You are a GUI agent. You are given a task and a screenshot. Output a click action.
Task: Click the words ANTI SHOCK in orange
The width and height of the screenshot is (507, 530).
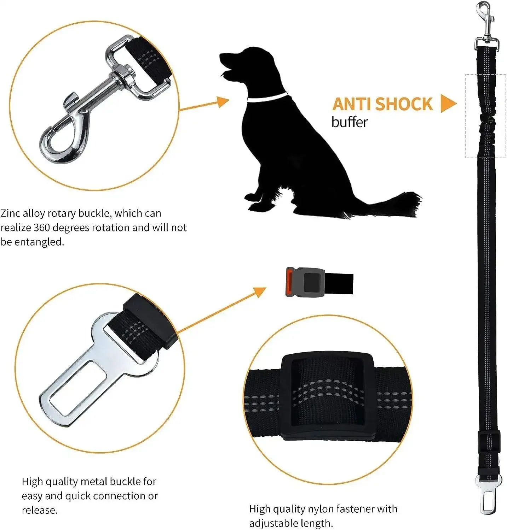(382, 104)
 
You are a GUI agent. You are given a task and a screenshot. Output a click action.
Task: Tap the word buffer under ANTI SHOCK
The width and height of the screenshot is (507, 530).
(350, 122)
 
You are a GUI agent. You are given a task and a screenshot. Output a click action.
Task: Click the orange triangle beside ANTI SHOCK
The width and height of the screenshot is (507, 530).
(448, 104)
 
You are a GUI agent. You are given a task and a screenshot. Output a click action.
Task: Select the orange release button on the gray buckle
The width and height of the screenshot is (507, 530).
(289, 282)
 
